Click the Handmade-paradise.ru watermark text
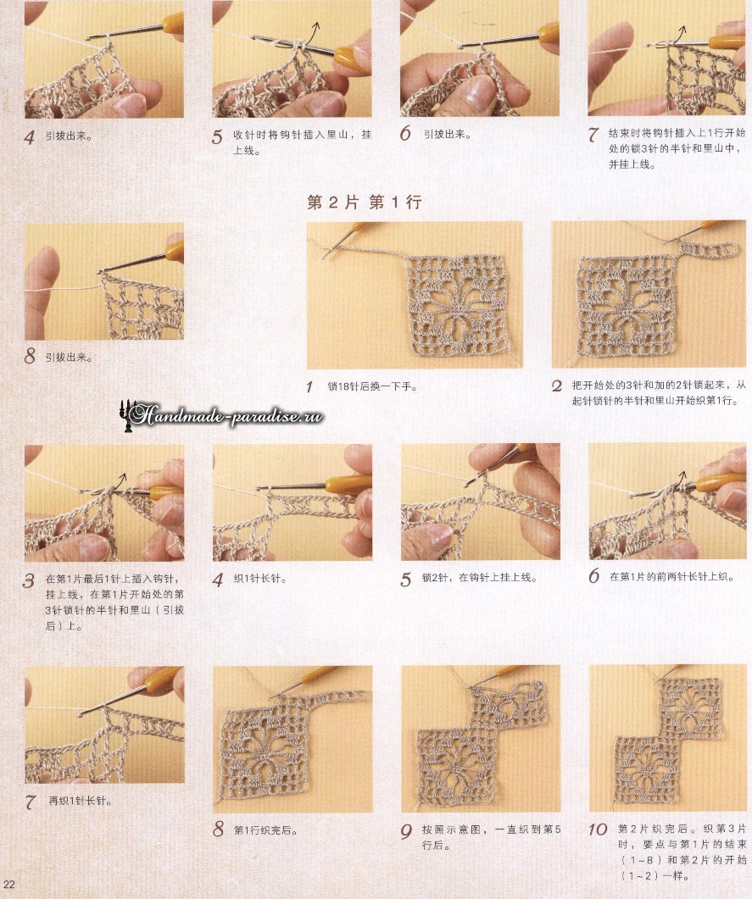coord(226,415)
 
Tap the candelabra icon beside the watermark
coord(125,415)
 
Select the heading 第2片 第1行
coord(365,202)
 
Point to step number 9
coord(405,831)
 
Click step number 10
coord(597,830)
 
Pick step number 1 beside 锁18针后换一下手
coord(309,387)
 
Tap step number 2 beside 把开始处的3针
coord(556,386)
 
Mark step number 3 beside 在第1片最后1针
coord(28,580)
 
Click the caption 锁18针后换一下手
coord(371,387)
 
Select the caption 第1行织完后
coord(265,830)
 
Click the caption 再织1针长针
coord(80,801)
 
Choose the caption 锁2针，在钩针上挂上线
coord(479,578)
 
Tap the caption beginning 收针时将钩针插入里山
coord(302,142)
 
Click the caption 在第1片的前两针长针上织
coord(671,577)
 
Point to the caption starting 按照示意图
coord(491,837)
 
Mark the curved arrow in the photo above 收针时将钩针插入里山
coord(312,35)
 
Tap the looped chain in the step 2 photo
coord(709,249)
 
